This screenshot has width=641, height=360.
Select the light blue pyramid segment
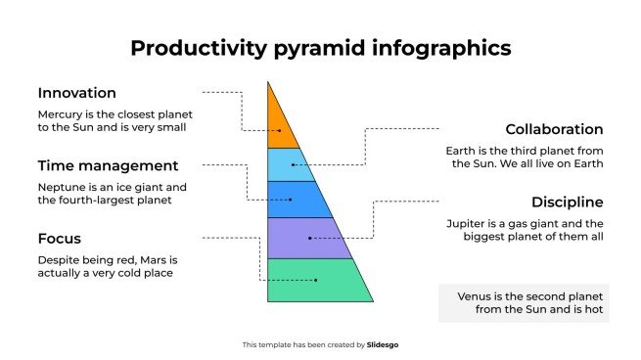click(x=286, y=164)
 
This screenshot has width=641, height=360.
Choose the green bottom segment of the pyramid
click(x=317, y=280)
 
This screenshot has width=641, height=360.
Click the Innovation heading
click(x=77, y=93)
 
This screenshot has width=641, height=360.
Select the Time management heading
click(x=108, y=165)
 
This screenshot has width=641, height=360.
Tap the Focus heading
click(x=59, y=238)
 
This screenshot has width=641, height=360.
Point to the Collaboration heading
click(x=554, y=129)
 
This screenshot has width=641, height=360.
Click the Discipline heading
click(x=567, y=202)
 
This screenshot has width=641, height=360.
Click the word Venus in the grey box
click(x=476, y=295)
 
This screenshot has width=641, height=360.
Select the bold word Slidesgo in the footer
click(x=383, y=344)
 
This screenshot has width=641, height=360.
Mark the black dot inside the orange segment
click(x=280, y=130)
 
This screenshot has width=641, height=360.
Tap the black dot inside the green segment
click(x=316, y=281)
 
